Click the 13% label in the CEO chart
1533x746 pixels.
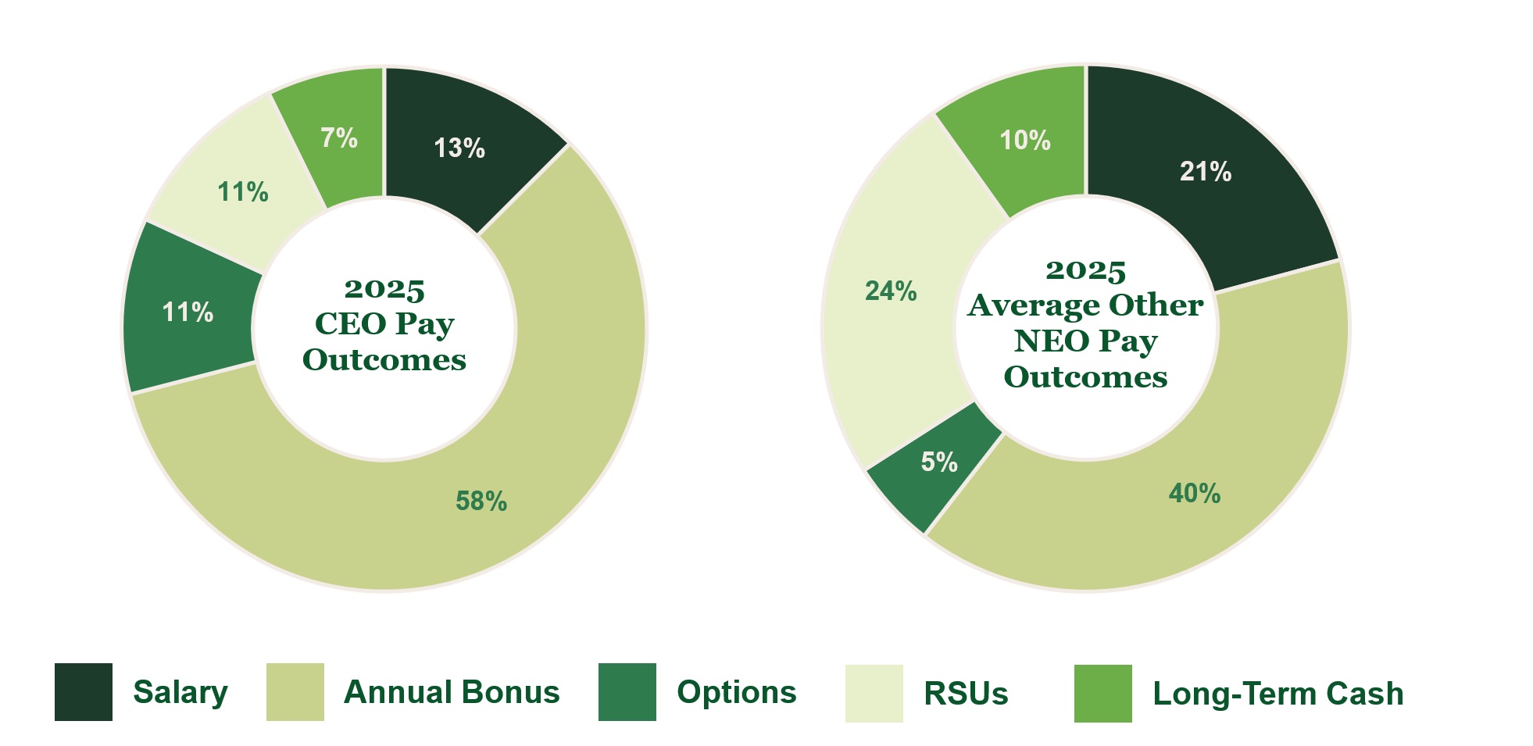[459, 148]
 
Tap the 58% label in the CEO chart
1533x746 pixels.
[481, 501]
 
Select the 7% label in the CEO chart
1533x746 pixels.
[339, 137]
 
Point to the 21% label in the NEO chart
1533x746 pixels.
[1206, 171]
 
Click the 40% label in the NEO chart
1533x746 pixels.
[1195, 493]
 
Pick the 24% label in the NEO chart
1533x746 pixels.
[891, 291]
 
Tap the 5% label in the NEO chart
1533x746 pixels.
[939, 462]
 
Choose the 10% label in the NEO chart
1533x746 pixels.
[1025, 140]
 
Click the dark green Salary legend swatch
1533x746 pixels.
[84, 692]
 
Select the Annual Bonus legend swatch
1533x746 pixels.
[295, 692]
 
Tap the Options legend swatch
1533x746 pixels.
[627, 692]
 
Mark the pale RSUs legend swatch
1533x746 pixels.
[874, 693]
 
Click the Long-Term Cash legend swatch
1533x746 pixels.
[1103, 693]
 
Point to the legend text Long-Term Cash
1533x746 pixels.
[1278, 694]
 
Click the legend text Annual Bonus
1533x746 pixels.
[452, 692]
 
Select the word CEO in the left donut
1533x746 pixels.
[351, 323]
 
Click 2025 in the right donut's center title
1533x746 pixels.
[1085, 271]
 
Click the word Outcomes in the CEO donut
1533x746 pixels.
[384, 359]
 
